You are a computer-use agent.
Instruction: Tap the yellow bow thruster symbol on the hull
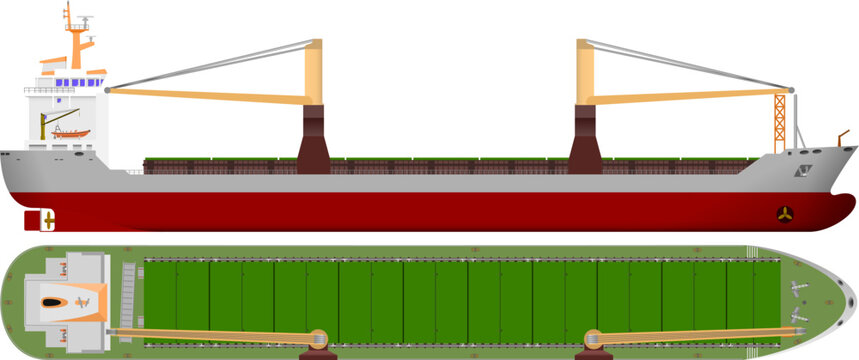tap(785, 213)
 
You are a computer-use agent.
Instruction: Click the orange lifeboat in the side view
tap(70, 133)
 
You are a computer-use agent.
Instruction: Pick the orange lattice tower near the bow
tap(780, 122)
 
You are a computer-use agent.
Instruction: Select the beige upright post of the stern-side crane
tap(313, 72)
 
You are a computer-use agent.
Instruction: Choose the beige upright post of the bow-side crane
tap(586, 72)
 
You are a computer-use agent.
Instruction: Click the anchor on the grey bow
tap(804, 172)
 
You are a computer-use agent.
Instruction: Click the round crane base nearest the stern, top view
tap(319, 339)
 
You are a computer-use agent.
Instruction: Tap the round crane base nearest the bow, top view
tap(592, 339)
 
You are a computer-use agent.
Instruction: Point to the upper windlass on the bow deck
tap(797, 288)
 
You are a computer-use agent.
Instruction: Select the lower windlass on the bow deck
tap(798, 316)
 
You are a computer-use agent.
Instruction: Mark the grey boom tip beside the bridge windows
tap(107, 91)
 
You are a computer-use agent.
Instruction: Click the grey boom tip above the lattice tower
tap(791, 91)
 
